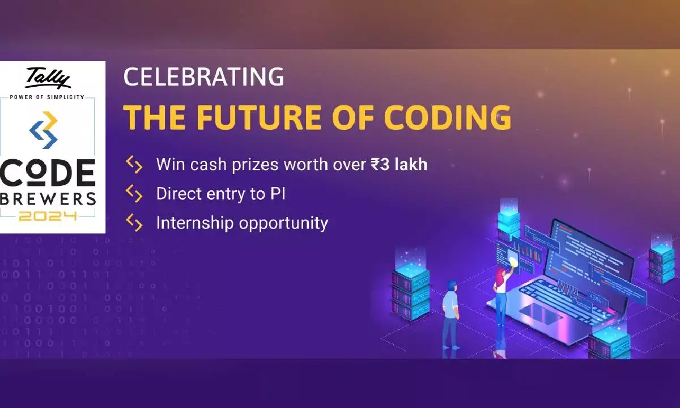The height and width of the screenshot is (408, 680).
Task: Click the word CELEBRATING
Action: (x=203, y=78)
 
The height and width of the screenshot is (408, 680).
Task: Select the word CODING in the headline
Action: (x=447, y=117)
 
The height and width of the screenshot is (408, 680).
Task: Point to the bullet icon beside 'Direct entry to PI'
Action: (x=134, y=194)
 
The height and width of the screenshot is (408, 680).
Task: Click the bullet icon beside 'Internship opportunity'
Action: (x=134, y=223)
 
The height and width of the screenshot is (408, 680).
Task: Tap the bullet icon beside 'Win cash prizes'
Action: (x=134, y=165)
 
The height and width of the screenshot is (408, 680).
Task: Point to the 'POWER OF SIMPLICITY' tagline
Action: (x=47, y=97)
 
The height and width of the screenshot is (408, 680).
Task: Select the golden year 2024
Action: (x=48, y=216)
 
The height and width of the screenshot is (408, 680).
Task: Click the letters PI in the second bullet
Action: (x=275, y=194)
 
